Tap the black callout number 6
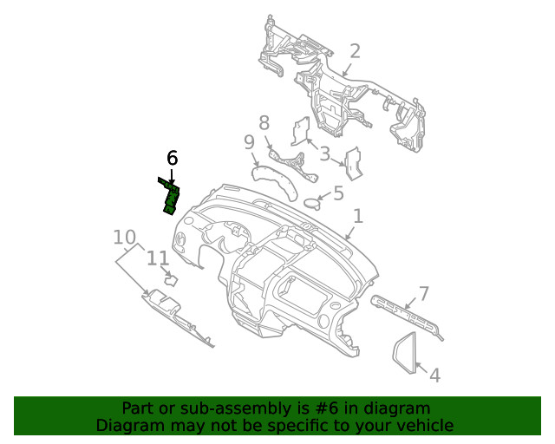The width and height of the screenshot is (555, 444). coord(172,159)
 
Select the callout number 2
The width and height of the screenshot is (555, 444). coord(355,52)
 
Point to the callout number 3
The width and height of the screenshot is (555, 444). coord(325,155)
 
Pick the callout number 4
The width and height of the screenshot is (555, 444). coord(434,375)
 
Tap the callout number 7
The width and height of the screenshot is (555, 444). coord(424,293)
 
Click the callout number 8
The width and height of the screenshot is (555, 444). coord(264,122)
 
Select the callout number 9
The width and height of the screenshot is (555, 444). coord(249,142)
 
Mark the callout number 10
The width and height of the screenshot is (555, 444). coord(125,237)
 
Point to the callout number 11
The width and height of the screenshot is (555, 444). coord(157,258)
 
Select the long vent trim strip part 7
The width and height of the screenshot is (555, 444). coord(406,314)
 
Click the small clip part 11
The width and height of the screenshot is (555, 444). coord(171,279)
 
